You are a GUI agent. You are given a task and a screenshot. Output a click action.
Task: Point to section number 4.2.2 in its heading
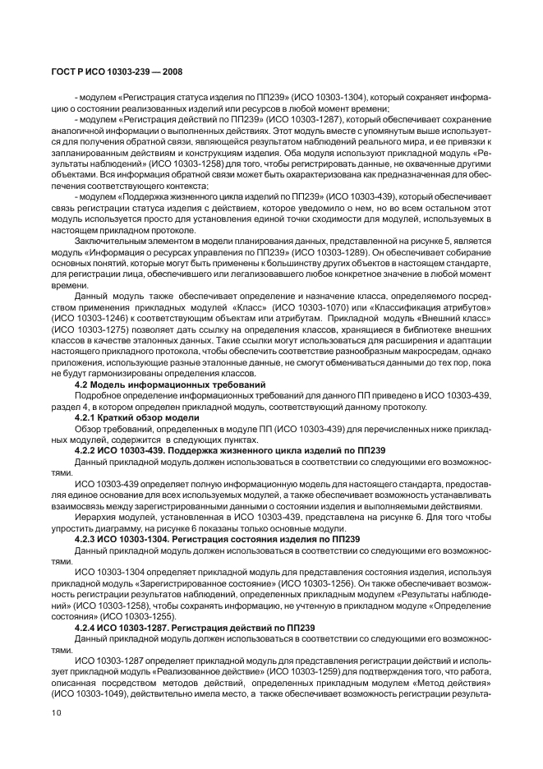89,450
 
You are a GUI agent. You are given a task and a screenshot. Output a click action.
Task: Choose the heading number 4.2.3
89,539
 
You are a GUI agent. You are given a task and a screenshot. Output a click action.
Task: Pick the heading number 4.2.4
89,627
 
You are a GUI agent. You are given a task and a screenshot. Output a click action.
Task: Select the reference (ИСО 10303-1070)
321,306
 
